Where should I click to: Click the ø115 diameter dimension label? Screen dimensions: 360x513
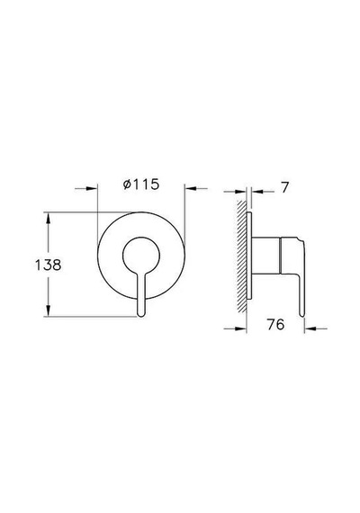click(x=141, y=184)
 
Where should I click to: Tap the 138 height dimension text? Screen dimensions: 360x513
click(x=48, y=265)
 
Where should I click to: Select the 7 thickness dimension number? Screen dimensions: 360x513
click(x=285, y=188)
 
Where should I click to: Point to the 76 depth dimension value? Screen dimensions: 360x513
click(x=275, y=325)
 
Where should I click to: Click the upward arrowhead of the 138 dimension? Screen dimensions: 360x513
click(x=48, y=218)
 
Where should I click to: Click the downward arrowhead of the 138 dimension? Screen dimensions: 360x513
click(x=48, y=310)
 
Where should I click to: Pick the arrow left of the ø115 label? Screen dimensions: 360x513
click(x=86, y=188)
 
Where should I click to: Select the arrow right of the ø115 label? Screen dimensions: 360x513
click(x=196, y=188)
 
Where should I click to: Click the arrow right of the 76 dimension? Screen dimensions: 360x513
click(x=316, y=328)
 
